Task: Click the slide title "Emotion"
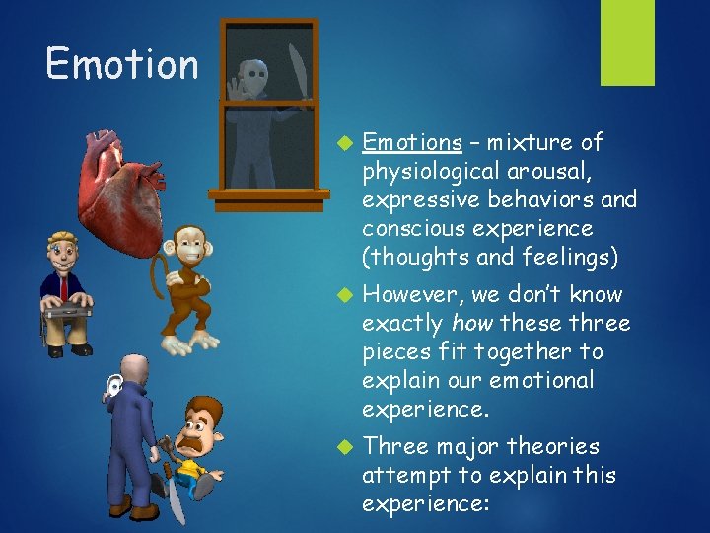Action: pyautogui.click(x=121, y=64)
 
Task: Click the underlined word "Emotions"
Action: pyautogui.click(x=412, y=143)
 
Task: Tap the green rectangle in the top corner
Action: pyautogui.click(x=627, y=41)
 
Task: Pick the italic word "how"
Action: pyautogui.click(x=474, y=324)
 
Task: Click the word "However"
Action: pyautogui.click(x=408, y=295)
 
